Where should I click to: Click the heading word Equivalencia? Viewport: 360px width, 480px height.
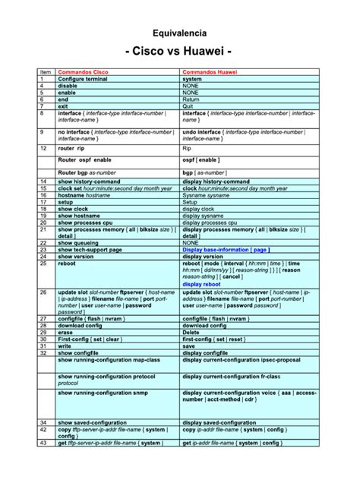[179, 34]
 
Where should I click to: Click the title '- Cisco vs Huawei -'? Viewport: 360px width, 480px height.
[179, 52]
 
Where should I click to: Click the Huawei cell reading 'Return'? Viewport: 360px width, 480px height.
[191, 99]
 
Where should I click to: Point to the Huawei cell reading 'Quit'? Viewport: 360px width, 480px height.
[188, 106]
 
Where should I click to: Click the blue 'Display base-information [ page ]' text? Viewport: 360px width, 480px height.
[226, 249]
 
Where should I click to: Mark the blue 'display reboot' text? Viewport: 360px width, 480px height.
[203, 284]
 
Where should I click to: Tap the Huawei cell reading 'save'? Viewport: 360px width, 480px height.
[189, 346]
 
